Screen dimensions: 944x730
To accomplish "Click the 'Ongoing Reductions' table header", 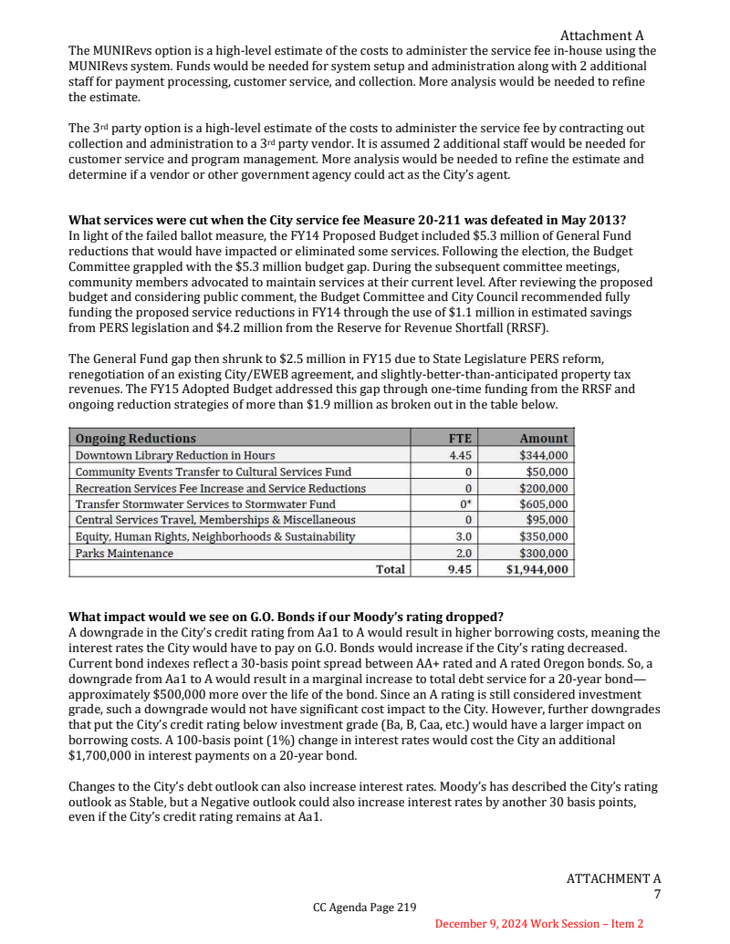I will [x=135, y=439].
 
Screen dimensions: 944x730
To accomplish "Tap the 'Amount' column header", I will [x=543, y=439].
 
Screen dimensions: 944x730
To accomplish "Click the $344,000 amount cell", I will [x=543, y=455].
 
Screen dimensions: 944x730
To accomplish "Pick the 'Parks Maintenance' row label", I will [x=124, y=554].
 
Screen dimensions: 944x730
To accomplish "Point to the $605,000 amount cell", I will [x=543, y=504].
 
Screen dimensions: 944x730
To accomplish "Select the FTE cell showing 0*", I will [x=464, y=504].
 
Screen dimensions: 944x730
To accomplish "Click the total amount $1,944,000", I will [x=537, y=570].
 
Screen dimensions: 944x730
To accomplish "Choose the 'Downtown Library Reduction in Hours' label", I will [x=174, y=455].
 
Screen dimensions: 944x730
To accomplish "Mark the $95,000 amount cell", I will [x=547, y=521].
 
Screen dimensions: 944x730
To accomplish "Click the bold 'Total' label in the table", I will [x=391, y=570].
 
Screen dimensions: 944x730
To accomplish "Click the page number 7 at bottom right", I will [x=656, y=895].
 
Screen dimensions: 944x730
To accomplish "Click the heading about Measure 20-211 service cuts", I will [x=347, y=221].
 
